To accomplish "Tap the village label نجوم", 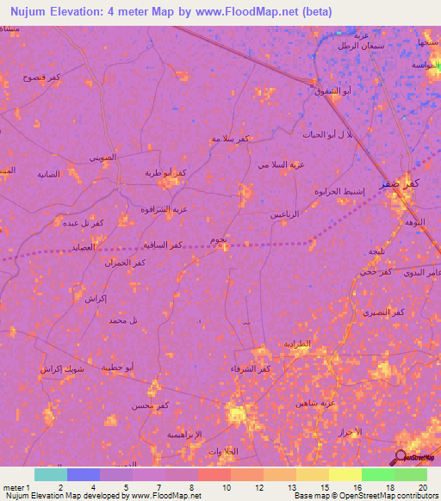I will click(218, 239).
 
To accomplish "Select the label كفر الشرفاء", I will click(252, 369).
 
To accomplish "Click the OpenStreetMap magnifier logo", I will click(401, 456).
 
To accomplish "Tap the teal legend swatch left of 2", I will click(51, 474).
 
